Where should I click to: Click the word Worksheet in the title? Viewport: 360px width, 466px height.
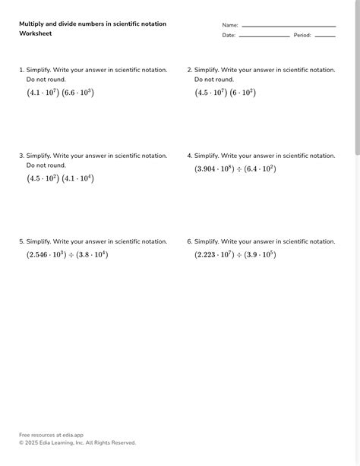click(35, 33)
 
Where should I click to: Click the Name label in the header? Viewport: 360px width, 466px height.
click(230, 25)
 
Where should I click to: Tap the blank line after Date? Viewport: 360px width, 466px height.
click(264, 36)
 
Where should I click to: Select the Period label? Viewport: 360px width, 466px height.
click(302, 35)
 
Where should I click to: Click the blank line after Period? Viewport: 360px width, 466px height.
click(325, 36)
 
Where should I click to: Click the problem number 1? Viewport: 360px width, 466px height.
click(21, 70)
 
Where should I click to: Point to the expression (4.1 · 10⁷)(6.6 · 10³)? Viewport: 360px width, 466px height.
click(60, 93)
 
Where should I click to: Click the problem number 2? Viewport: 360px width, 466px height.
click(189, 70)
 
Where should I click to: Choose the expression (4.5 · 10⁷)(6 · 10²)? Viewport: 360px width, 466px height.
click(226, 93)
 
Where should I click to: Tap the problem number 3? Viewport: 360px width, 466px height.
click(21, 156)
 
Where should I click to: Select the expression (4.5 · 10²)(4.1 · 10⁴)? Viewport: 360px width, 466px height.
click(60, 178)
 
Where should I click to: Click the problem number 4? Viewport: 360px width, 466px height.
click(189, 156)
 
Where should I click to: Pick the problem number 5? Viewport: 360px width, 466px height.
click(21, 241)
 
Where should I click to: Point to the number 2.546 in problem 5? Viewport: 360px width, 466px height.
click(39, 255)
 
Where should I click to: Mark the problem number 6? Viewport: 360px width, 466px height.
click(189, 241)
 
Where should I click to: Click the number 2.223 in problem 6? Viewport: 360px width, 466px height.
click(207, 255)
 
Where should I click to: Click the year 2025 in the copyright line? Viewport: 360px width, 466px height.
click(33, 442)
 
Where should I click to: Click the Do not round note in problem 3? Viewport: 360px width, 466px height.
click(46, 165)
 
